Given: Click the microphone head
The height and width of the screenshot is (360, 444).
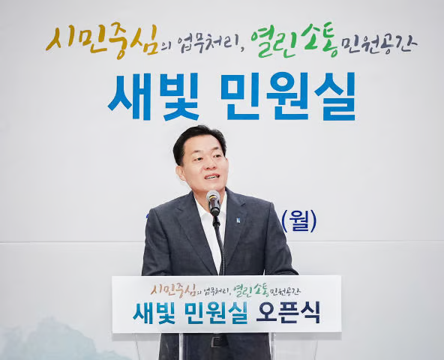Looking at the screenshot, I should pos(213,200).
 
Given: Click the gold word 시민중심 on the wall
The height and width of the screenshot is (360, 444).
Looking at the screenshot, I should pos(102,37).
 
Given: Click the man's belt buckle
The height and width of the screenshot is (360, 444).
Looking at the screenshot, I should pos(217,341).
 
